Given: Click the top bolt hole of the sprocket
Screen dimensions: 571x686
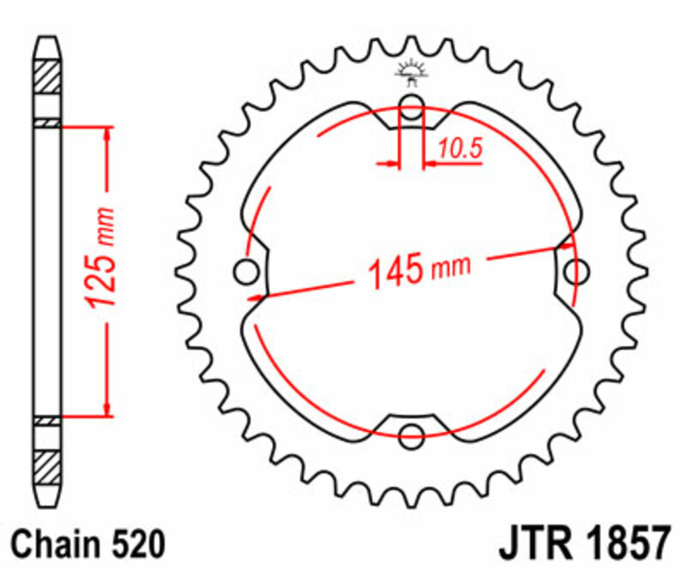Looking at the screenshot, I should click(x=412, y=108).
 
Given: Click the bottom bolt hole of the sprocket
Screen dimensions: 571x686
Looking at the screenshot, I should click(x=412, y=432).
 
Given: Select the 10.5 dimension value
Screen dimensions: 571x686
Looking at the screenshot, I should click(x=460, y=149).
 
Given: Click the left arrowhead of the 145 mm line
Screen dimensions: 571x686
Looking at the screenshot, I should click(x=256, y=298).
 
